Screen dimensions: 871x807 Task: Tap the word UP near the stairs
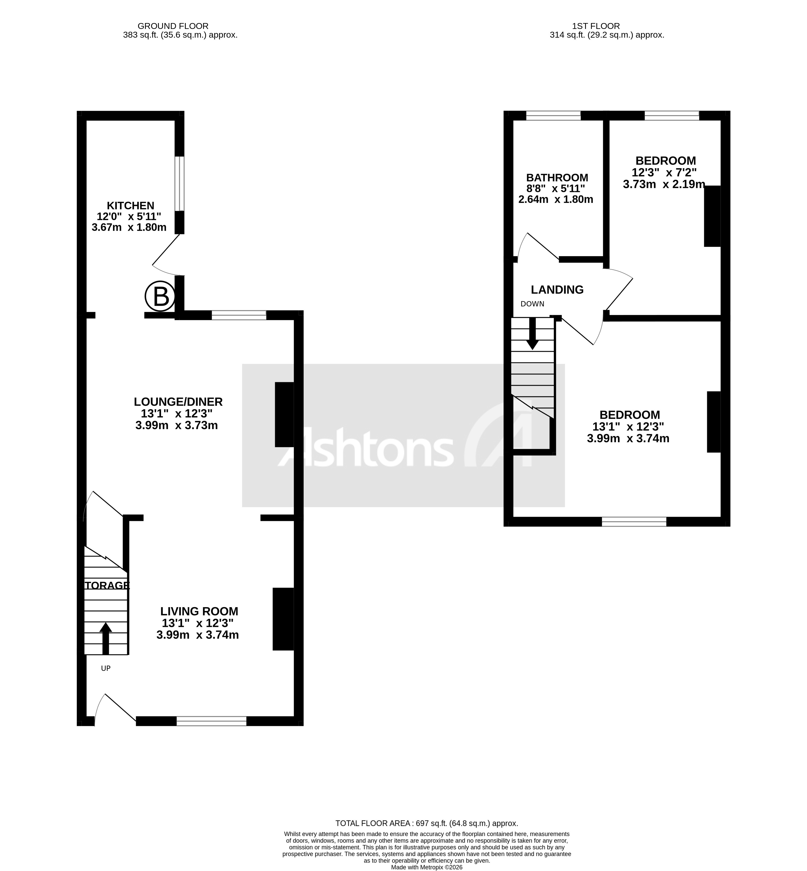point(106,668)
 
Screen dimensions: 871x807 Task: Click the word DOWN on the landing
point(532,304)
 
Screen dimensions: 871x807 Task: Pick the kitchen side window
point(179,183)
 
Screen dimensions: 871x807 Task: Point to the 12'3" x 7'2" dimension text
point(664,172)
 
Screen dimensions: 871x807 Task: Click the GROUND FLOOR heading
point(173,26)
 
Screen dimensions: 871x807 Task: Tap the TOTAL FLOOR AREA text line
point(426,823)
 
